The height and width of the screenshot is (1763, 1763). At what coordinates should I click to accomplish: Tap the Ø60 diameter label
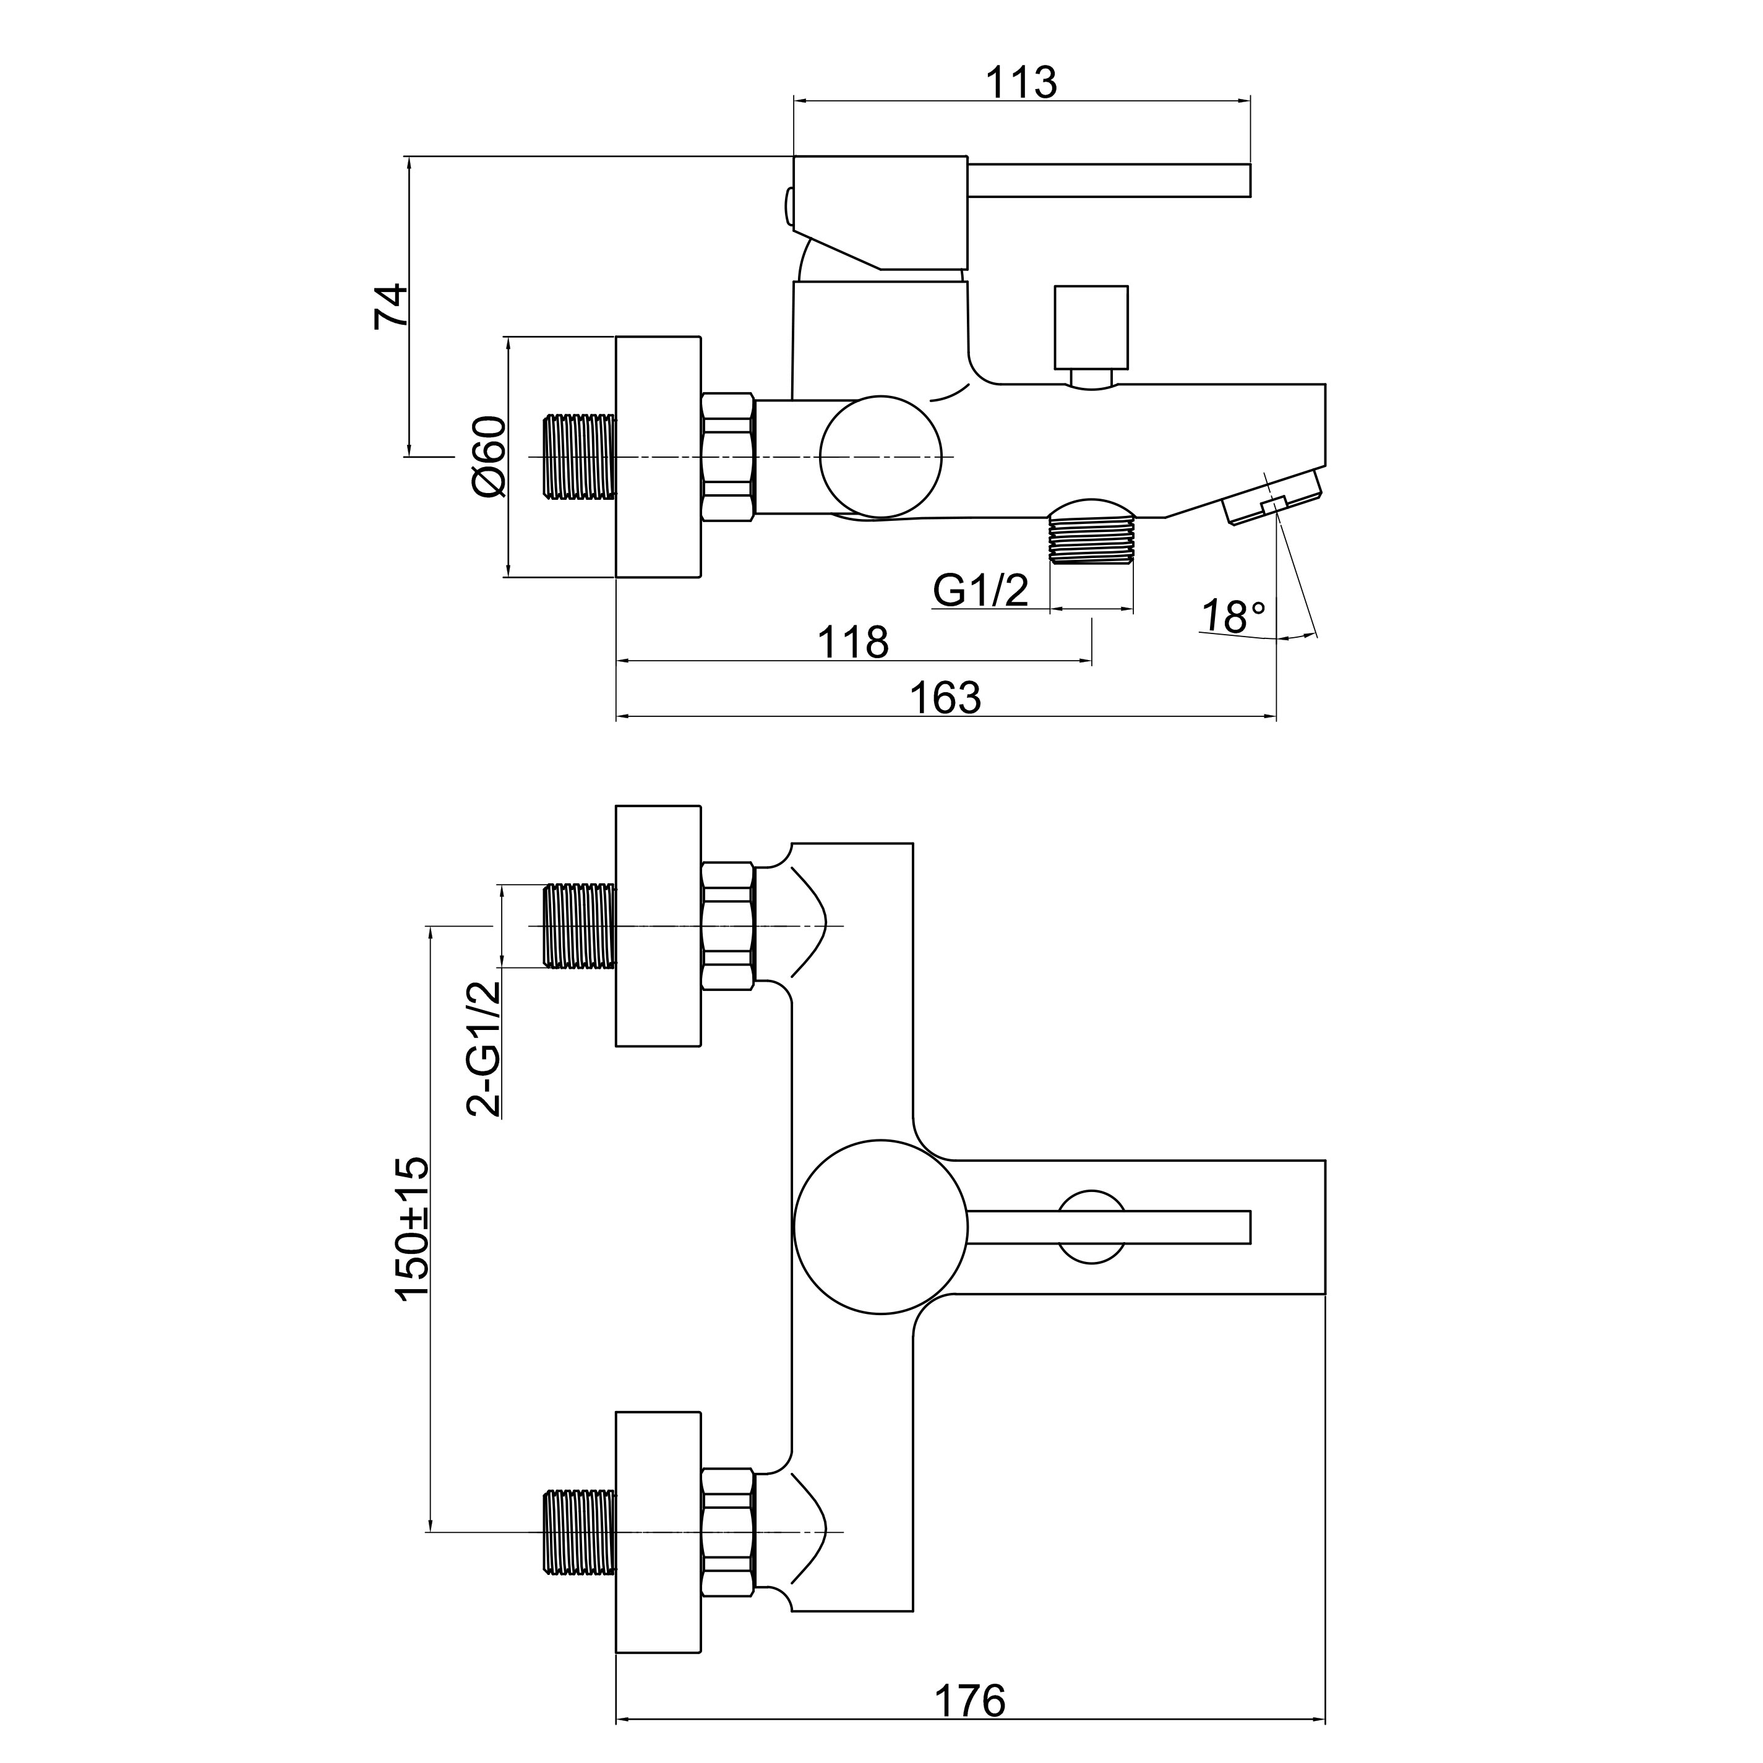point(489,457)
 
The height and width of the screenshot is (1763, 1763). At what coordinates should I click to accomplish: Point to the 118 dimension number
point(852,643)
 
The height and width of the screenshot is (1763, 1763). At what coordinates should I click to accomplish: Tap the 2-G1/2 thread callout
point(484,1049)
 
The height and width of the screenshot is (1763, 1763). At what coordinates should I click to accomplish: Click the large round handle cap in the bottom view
point(880,1227)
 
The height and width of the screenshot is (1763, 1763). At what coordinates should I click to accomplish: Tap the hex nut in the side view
point(727,457)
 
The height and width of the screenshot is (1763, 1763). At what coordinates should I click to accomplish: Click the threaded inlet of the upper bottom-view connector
point(580,924)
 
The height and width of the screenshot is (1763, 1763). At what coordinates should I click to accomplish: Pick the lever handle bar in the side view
point(1108,181)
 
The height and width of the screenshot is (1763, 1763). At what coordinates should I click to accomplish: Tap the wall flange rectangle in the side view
point(658,457)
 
